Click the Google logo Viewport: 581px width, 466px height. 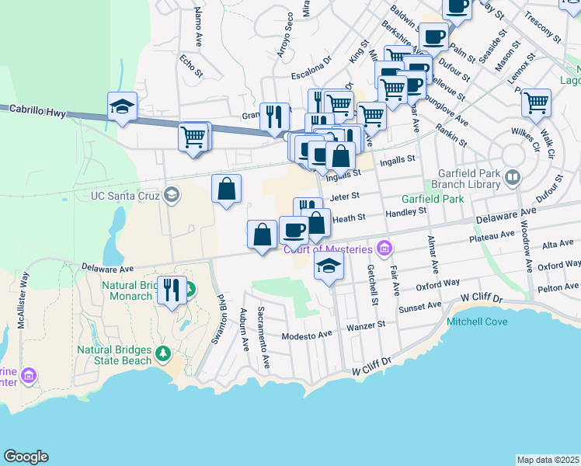(26, 457)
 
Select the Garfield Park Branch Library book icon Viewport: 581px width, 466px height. (512, 178)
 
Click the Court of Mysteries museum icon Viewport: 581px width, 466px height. (383, 249)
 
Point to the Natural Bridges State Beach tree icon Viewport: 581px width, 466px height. (162, 355)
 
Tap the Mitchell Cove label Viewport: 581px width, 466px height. (477, 321)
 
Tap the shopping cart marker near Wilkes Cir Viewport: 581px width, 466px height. (536, 102)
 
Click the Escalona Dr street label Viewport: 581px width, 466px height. (311, 76)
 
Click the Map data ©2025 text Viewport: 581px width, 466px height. (548, 460)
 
